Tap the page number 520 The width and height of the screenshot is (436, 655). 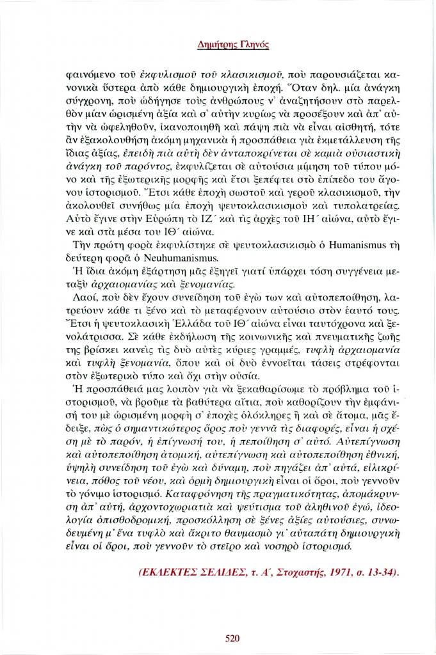(x=232, y=636)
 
